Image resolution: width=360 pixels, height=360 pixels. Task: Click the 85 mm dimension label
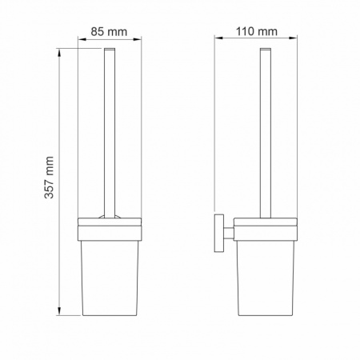[x=109, y=32]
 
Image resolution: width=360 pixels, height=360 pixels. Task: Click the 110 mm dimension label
[x=257, y=31]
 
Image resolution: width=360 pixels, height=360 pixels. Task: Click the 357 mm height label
[x=50, y=178]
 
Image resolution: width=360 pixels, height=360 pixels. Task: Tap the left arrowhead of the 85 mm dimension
[x=82, y=40]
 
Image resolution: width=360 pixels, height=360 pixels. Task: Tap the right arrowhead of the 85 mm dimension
[x=138, y=40]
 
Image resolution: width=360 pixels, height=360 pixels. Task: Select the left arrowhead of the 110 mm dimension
[x=218, y=38]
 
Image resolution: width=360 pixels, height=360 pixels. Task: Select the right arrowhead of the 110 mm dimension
[x=294, y=38]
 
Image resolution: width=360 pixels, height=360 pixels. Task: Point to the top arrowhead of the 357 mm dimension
[x=59, y=52]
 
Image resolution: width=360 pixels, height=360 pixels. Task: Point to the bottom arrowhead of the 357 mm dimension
[x=59, y=311]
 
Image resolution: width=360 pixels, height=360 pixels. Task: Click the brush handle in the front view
[x=110, y=133]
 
